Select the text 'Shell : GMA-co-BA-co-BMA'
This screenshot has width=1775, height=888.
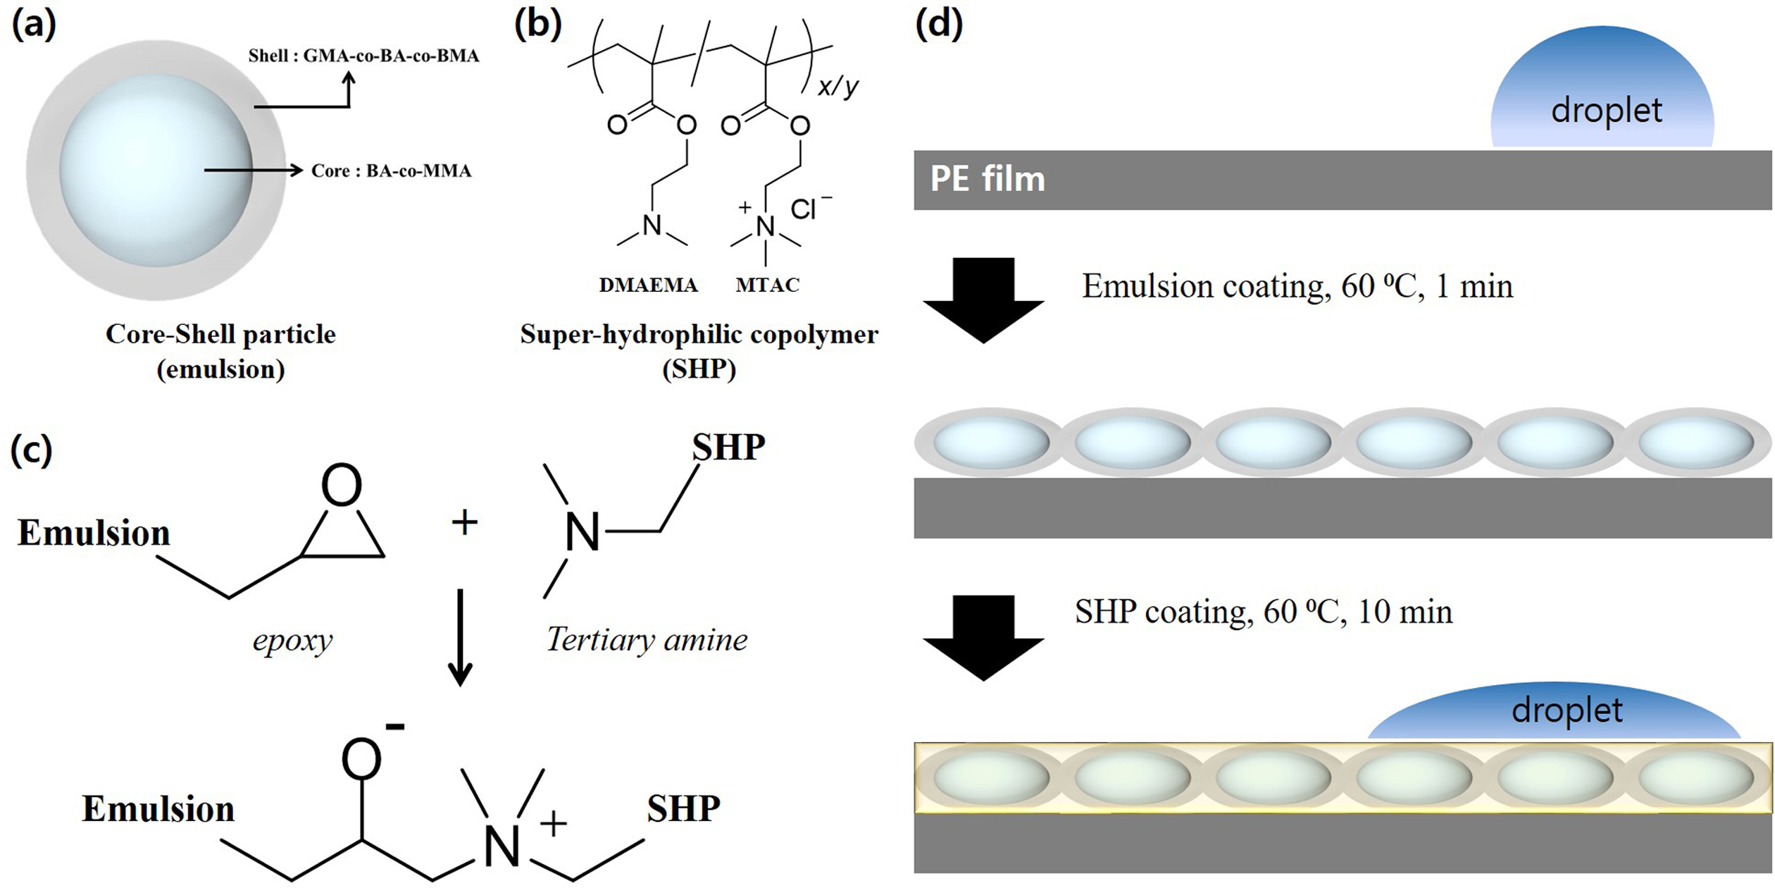(363, 56)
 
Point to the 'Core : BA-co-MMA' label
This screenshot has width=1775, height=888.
(391, 171)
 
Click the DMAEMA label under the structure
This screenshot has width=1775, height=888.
(648, 285)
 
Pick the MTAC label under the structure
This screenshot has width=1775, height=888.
(767, 285)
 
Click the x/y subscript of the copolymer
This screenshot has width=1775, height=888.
(839, 87)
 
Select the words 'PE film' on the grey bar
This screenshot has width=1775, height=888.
(988, 179)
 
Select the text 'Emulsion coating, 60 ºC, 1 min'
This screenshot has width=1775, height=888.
(1297, 287)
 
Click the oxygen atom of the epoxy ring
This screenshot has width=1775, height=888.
(342, 485)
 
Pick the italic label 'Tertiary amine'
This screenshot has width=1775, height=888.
(647, 640)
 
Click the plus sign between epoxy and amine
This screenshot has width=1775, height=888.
(464, 522)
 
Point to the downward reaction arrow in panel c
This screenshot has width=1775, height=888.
(461, 637)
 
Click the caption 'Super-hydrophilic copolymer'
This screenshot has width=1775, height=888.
(699, 334)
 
